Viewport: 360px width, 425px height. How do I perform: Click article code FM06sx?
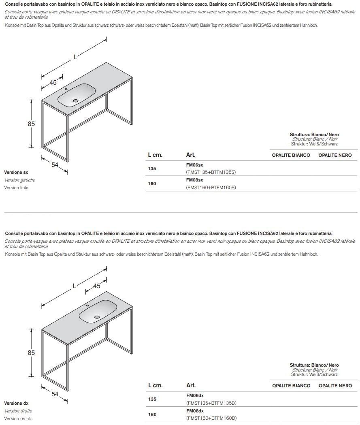tap(194, 165)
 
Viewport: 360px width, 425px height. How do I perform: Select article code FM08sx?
tap(194, 180)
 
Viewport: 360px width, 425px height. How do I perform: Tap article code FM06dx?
tap(194, 396)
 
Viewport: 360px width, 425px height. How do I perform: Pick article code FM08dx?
tap(194, 411)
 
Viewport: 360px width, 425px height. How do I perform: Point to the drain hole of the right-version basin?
tap(97, 317)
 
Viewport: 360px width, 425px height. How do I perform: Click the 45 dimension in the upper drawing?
tap(53, 83)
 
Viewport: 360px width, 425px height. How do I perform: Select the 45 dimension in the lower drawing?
tap(96, 286)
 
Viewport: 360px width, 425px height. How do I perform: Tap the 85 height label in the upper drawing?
tap(31, 124)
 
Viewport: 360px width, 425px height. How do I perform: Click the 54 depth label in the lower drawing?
tap(55, 394)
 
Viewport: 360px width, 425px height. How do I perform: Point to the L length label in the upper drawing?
tap(75, 57)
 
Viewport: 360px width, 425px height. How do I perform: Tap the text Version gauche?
tap(19, 180)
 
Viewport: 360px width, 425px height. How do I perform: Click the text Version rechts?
tap(18, 419)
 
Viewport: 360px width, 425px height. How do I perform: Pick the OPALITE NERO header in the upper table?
tap(335, 155)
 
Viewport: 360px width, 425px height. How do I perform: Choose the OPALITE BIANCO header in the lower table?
tap(291, 386)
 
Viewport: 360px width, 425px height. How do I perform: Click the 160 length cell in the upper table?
tap(152, 184)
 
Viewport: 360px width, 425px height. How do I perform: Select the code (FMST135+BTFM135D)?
tap(211, 403)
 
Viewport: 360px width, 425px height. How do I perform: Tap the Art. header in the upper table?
tap(191, 155)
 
